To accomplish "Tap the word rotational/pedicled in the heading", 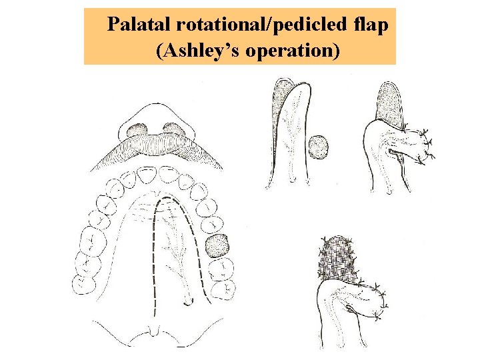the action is point(259,25).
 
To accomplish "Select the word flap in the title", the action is point(370,25).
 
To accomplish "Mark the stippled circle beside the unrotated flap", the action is point(319,147).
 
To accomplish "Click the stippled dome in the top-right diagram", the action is point(389,101).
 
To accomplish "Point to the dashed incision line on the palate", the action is point(154,253).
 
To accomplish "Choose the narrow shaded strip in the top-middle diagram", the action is point(279,107).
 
